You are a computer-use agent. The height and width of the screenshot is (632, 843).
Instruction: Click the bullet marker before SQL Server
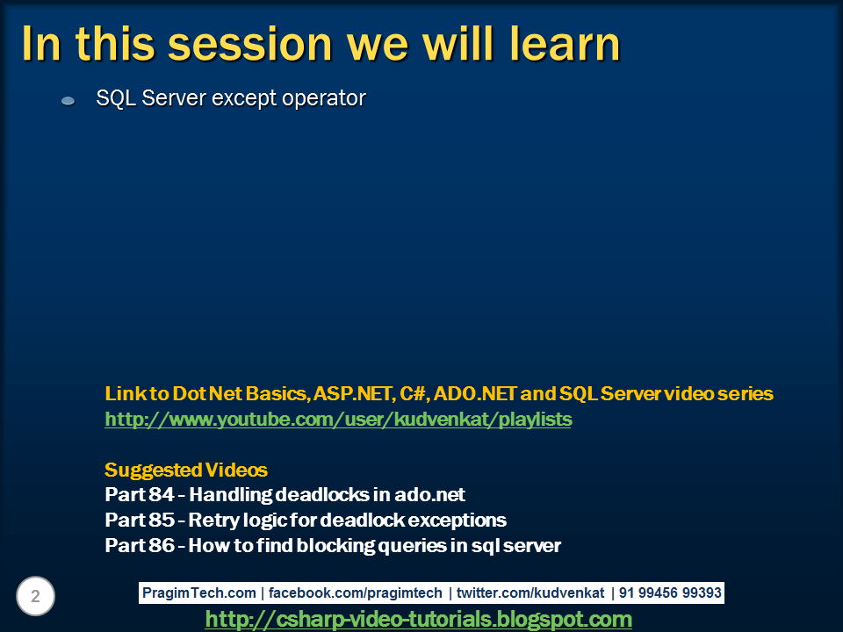click(68, 101)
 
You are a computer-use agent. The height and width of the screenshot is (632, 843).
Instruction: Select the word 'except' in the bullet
click(245, 98)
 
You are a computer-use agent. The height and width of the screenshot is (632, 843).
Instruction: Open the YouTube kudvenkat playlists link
click(338, 420)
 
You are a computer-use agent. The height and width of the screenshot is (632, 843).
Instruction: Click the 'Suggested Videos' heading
click(186, 470)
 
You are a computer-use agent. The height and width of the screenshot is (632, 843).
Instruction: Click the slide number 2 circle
click(35, 597)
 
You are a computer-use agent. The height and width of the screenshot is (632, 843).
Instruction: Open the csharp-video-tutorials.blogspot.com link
click(418, 620)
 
